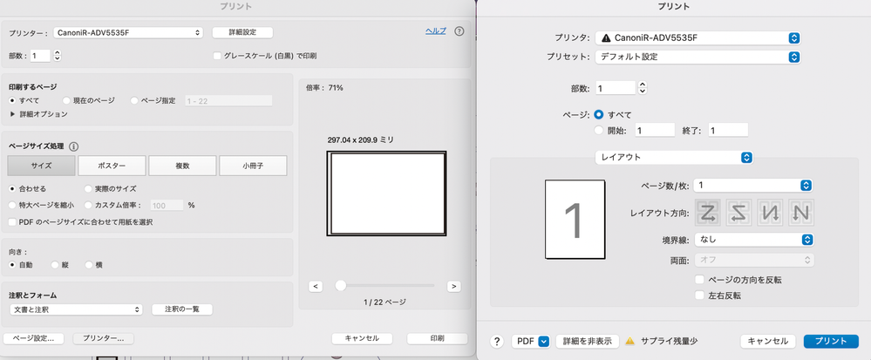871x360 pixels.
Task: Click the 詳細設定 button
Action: [242, 32]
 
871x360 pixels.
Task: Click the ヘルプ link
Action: [435, 31]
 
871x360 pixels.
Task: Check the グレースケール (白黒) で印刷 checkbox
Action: [218, 56]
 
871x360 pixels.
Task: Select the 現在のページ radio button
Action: [67, 101]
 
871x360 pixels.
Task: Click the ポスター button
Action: [111, 166]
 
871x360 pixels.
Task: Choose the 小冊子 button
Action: [252, 166]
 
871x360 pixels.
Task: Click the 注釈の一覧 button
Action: [182, 309]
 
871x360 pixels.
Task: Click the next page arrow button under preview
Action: [453, 286]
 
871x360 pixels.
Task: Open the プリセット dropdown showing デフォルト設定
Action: [697, 57]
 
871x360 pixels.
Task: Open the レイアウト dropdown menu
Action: [672, 158]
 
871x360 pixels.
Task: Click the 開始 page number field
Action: [654, 130]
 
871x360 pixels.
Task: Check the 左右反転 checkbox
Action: [700, 295]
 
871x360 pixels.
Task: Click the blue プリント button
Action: [831, 342]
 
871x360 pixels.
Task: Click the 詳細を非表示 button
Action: [587, 342]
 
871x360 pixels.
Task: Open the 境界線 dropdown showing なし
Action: [754, 240]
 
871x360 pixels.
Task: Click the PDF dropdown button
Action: [530, 342]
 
